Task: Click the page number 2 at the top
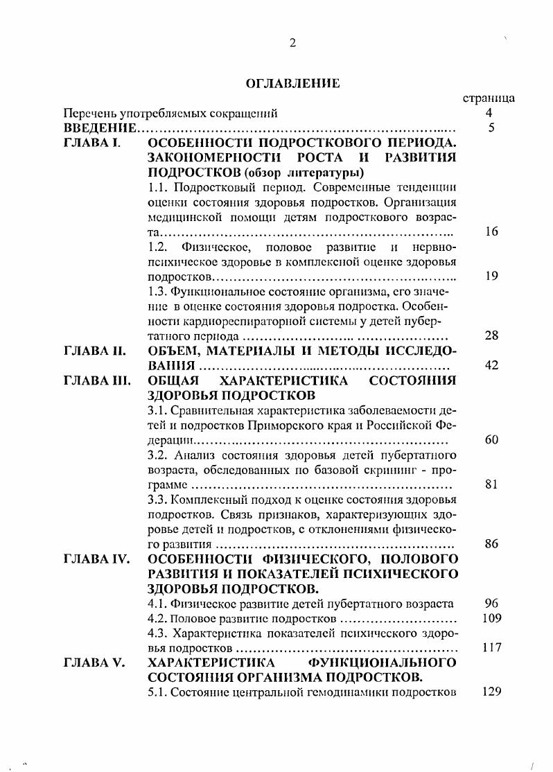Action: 292,43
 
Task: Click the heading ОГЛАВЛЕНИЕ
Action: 292,84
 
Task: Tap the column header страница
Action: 488,98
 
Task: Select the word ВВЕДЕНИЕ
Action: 98,128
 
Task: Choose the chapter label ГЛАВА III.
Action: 96,380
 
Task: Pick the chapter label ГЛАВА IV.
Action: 96,559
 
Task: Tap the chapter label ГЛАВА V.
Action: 94,663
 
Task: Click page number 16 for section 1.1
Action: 491,231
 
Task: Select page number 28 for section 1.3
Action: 491,335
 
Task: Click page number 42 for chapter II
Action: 491,365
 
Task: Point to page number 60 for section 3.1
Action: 491,439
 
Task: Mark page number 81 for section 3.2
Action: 491,484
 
